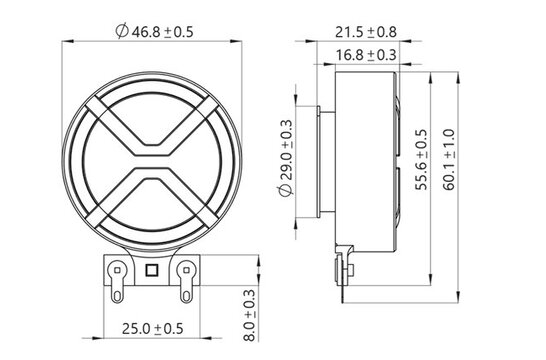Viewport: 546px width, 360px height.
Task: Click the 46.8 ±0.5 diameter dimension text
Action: [x=156, y=31]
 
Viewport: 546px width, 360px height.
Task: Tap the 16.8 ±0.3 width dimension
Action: [x=366, y=55]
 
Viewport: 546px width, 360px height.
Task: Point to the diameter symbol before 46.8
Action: [x=121, y=31]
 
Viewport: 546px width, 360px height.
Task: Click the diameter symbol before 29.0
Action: [x=285, y=196]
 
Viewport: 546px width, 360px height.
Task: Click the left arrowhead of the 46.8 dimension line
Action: [x=69, y=43]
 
